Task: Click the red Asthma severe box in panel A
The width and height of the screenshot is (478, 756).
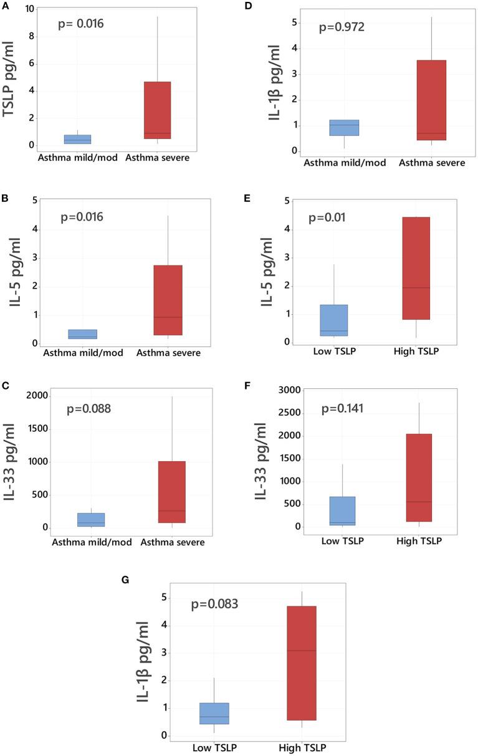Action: pyautogui.click(x=157, y=110)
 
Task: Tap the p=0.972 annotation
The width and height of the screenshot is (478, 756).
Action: pyautogui.click(x=342, y=27)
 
